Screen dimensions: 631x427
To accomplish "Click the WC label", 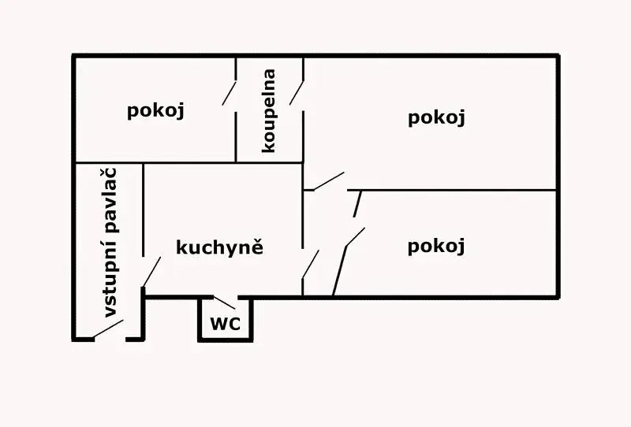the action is (226, 324).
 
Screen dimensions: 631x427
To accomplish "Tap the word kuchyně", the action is (220, 247).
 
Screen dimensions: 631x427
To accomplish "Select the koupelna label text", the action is (268, 111).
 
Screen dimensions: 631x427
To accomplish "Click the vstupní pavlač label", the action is (110, 243).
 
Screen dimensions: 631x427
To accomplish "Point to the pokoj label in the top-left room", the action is (155, 110).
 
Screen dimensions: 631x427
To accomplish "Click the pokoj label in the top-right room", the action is (436, 118).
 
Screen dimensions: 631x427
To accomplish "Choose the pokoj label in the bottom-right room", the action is (436, 246).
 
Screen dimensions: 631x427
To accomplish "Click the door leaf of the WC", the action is (224, 303).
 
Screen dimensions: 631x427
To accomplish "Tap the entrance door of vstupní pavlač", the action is (108, 329).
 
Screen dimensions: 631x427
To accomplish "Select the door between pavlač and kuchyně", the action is (152, 272).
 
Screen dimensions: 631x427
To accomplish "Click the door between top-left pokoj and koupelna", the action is (229, 93).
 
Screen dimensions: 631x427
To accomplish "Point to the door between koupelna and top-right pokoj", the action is (297, 93).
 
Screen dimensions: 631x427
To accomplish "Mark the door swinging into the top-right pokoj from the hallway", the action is (329, 181).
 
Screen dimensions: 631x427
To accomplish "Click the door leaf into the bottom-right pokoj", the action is (356, 237).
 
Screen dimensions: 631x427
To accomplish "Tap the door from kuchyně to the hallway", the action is (311, 264).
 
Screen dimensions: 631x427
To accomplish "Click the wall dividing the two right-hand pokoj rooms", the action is (452, 190).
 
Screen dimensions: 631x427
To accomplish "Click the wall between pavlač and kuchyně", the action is (143, 210).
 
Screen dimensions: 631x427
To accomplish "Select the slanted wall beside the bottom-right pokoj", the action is (339, 271).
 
